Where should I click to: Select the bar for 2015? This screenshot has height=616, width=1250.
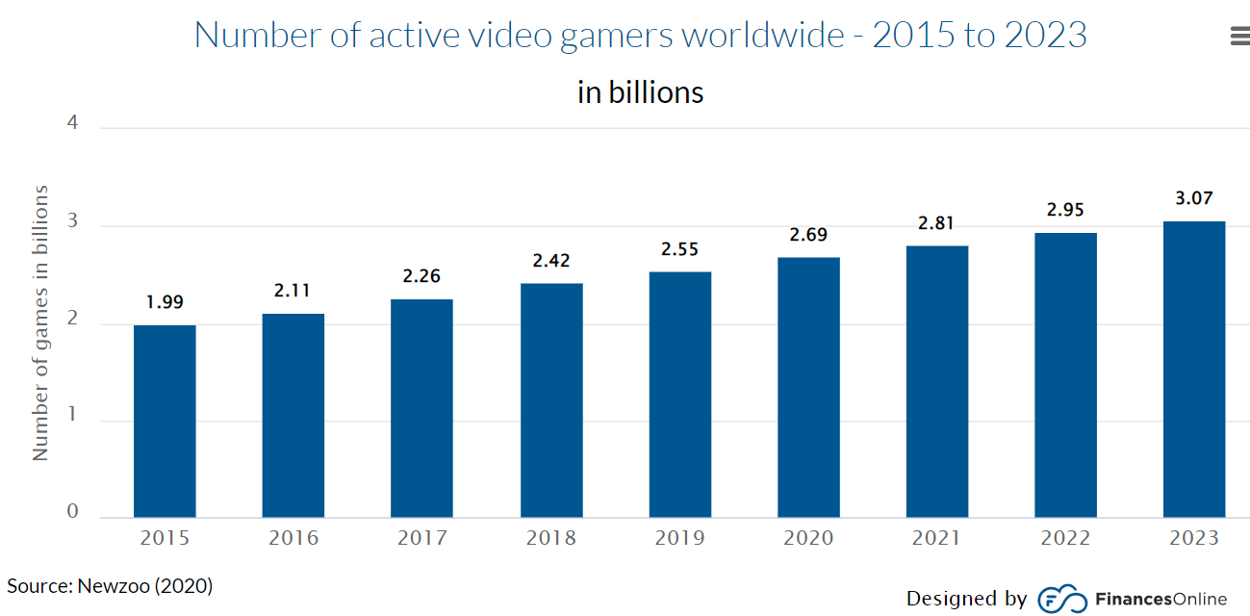[165, 422]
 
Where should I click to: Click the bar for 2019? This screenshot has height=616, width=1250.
[680, 395]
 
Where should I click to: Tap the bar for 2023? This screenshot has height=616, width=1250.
[1194, 370]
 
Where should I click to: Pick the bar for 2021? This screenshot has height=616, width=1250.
[937, 382]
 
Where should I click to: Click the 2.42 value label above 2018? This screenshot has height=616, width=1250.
[551, 261]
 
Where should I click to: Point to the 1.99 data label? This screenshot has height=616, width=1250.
[165, 302]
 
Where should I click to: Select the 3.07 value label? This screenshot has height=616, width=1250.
[1194, 198]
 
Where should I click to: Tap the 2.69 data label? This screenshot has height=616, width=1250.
[808, 234]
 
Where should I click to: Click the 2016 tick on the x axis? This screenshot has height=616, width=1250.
[293, 538]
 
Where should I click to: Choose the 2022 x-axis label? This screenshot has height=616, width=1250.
[1065, 538]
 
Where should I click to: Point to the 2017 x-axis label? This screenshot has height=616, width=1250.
[422, 538]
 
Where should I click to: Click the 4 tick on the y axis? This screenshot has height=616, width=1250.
[72, 123]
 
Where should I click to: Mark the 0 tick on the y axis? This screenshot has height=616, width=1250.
[72, 511]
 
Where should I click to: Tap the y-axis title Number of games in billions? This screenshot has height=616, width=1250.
[40, 323]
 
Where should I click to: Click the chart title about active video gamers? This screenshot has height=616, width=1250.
[641, 35]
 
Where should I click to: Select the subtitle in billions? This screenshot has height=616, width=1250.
[641, 92]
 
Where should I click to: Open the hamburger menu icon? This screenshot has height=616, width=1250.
[1240, 37]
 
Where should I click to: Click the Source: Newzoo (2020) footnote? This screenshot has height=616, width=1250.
[110, 586]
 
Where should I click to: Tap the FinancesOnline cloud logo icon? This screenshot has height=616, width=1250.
[1062, 600]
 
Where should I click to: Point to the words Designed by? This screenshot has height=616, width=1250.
[966, 599]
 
